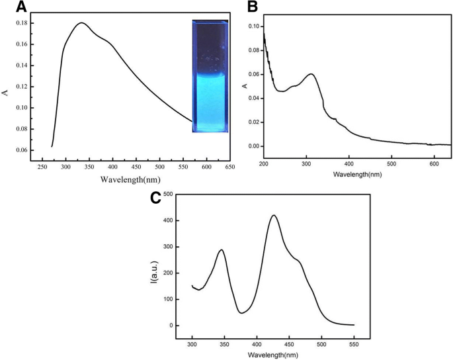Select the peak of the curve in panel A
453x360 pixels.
(x=81, y=23)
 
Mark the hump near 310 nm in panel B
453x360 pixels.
(x=310, y=74)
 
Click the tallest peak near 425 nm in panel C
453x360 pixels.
(x=273, y=215)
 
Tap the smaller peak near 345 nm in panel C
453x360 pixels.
(x=222, y=250)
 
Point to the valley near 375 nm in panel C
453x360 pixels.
(x=241, y=312)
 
